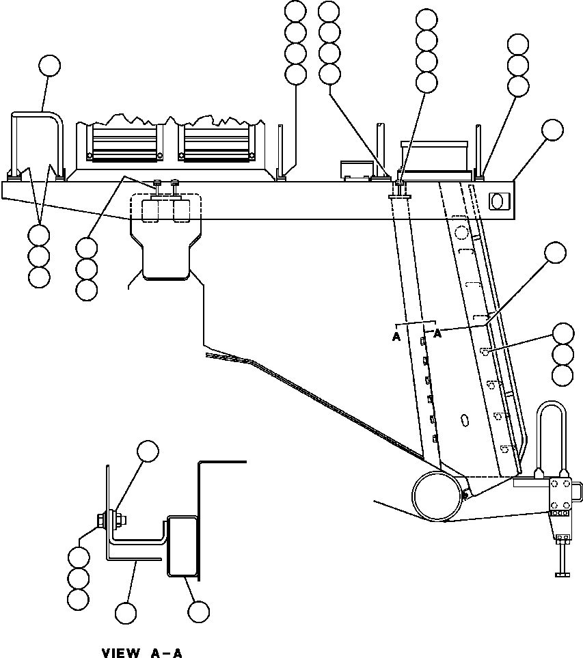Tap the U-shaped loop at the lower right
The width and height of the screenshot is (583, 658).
552,437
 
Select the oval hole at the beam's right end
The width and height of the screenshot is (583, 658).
497,201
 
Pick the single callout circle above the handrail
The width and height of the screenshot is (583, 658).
49,66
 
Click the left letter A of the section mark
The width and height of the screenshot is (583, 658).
396,337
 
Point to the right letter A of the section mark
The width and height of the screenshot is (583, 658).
437,333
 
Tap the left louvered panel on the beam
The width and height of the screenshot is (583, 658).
124,144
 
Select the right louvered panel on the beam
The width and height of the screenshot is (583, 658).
217,144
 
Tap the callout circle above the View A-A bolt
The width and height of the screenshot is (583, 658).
148,451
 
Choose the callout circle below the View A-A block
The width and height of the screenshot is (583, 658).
198,612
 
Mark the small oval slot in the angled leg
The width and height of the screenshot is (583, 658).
464,420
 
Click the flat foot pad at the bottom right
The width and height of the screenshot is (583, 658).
562,574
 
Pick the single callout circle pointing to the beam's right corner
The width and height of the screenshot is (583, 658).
552,130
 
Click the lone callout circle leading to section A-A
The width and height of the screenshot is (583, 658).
555,253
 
